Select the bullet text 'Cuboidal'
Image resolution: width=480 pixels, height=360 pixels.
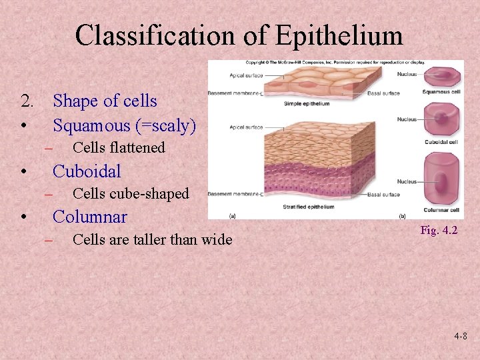pyautogui.click(x=87, y=171)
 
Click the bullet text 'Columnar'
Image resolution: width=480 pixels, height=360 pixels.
pyautogui.click(x=89, y=217)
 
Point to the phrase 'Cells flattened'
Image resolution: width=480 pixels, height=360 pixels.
pyautogui.click(x=119, y=148)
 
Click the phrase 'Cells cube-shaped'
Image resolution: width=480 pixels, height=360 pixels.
pyautogui.click(x=131, y=194)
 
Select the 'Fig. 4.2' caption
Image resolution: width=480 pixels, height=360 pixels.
pyautogui.click(x=438, y=230)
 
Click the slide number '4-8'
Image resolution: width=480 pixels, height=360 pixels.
pyautogui.click(x=460, y=337)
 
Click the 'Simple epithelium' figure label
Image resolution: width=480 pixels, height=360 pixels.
pyautogui.click(x=307, y=104)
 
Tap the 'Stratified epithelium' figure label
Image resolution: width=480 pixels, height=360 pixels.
pyautogui.click(x=309, y=207)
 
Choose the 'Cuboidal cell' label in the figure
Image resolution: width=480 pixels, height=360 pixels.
pyautogui.click(x=441, y=142)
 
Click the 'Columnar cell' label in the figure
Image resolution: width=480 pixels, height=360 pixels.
pyautogui.click(x=441, y=211)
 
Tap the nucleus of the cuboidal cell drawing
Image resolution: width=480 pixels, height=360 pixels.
pyautogui.click(x=441, y=119)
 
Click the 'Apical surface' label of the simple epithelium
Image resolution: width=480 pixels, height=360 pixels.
pyautogui.click(x=246, y=74)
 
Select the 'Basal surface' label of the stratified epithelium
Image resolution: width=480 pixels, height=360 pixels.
pyautogui.click(x=383, y=195)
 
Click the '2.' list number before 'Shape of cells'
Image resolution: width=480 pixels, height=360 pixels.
pyautogui.click(x=27, y=101)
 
